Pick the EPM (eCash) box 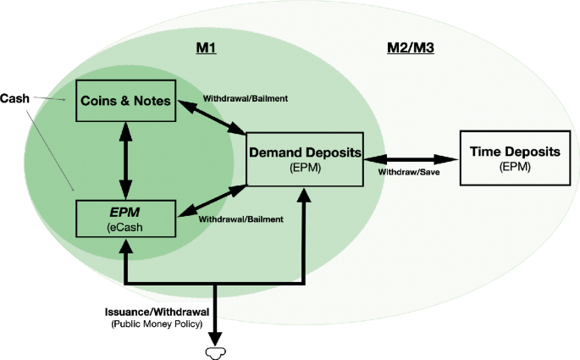(x=125, y=218)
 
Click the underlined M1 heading (x=207, y=48)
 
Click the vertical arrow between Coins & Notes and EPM (x=126, y=159)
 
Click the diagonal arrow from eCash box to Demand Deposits (x=210, y=202)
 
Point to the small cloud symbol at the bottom (x=218, y=349)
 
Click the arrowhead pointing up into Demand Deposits (x=303, y=195)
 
